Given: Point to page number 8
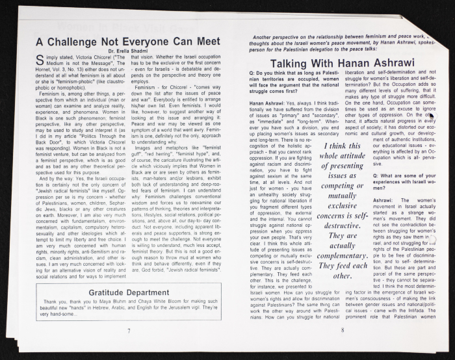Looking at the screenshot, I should coord(342,331).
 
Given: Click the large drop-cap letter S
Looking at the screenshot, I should coord(40,59).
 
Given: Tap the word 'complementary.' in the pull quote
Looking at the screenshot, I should coord(342,256).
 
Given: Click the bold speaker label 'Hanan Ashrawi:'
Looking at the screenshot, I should coord(266,103).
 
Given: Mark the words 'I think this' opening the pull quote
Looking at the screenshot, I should coord(342,146).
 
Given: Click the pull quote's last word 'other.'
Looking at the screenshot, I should coord(342,276).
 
